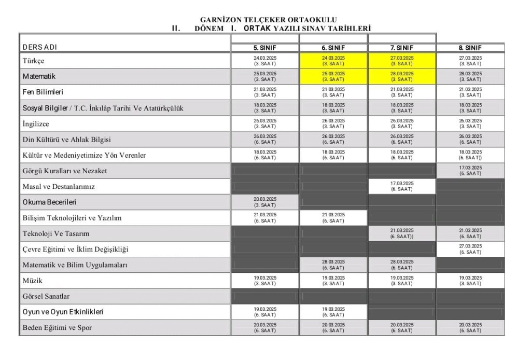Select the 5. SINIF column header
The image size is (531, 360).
pyautogui.click(x=265, y=48)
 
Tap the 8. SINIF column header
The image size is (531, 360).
pyautogui.click(x=470, y=48)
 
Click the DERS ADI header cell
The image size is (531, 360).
pyautogui.click(x=40, y=47)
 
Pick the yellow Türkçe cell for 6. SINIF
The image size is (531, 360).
pyautogui.click(x=333, y=61)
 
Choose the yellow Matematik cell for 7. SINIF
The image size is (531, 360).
pyautogui.click(x=402, y=76)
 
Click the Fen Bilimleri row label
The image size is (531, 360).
pyautogui.click(x=43, y=92)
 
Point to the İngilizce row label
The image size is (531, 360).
pyautogui.click(x=36, y=124)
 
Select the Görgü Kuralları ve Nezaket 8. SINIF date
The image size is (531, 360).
pyautogui.click(x=470, y=171)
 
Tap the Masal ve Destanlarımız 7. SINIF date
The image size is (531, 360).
pyautogui.click(x=402, y=186)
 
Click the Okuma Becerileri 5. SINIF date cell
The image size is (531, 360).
pyautogui.click(x=265, y=202)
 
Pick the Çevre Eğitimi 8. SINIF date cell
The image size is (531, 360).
pyautogui.click(x=470, y=249)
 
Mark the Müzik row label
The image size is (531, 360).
pyautogui.click(x=32, y=281)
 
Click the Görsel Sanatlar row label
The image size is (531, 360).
pyautogui.click(x=46, y=296)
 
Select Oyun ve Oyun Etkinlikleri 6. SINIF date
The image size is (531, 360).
pyautogui.click(x=333, y=312)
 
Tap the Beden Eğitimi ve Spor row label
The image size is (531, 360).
pyautogui.click(x=58, y=328)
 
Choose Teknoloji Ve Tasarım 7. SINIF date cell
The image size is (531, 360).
pyautogui.click(x=402, y=233)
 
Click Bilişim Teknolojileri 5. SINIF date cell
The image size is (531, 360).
pyautogui.click(x=265, y=218)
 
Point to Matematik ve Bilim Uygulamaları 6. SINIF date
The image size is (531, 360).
pyautogui.click(x=333, y=265)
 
